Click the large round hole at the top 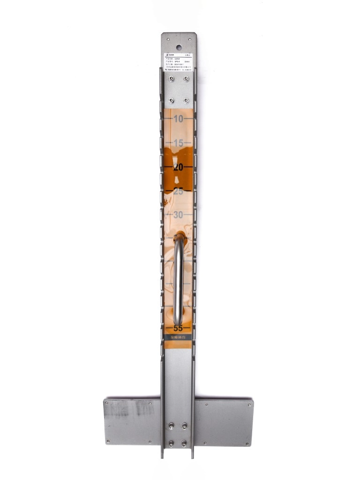(179, 47)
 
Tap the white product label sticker (179, 62)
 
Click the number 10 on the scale (178, 119)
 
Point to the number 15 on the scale (178, 143)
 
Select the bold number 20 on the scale (178, 167)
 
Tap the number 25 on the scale (178, 191)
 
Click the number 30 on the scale (178, 215)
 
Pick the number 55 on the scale (178, 328)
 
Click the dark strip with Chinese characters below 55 (178, 337)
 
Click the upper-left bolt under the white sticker (171, 79)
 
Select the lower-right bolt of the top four (186, 100)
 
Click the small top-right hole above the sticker (192, 37)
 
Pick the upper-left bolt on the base (171, 426)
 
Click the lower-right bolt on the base (184, 443)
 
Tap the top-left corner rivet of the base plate (107, 402)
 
